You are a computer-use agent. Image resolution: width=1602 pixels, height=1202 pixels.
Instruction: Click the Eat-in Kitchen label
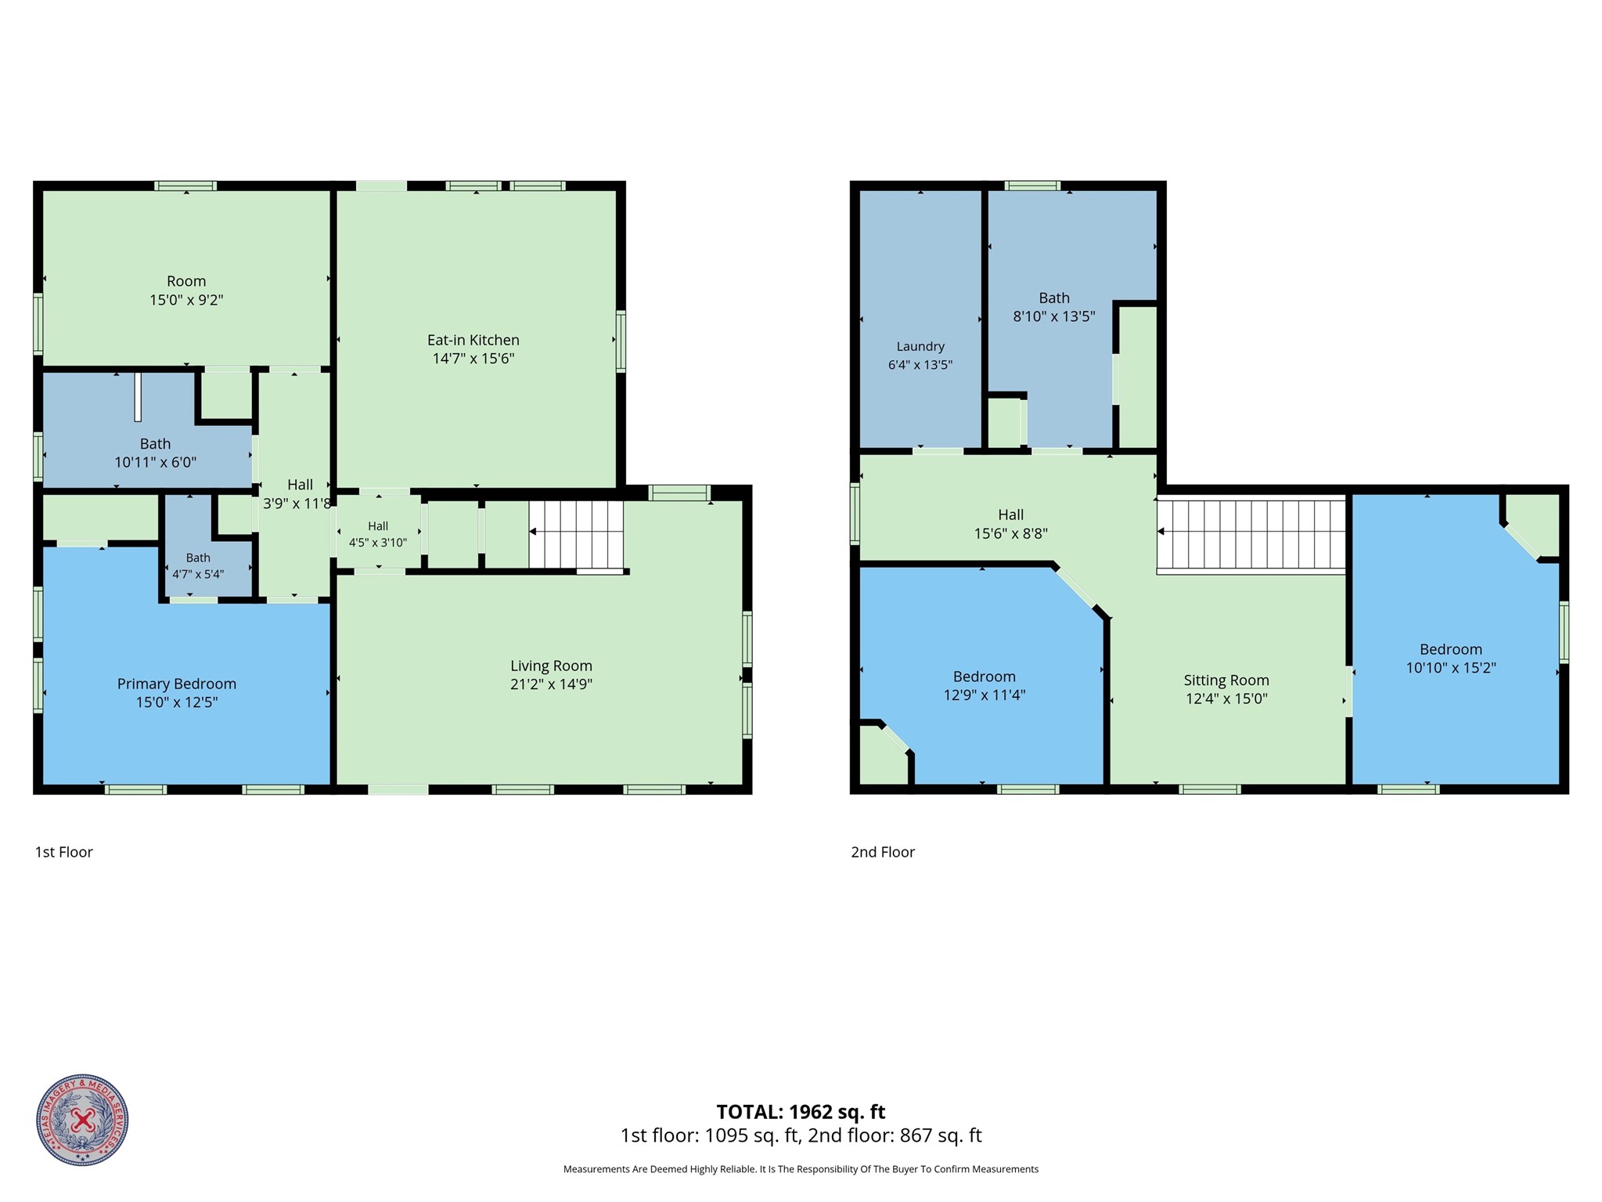pos(473,340)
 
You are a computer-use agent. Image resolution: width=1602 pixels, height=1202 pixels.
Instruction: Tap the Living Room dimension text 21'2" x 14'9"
pos(551,684)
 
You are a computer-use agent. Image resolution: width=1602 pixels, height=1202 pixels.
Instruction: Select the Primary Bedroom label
pos(177,684)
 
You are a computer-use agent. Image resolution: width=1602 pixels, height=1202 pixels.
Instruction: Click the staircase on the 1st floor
pos(577,534)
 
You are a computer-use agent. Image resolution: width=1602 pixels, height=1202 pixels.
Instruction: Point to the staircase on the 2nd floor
pos(1251,535)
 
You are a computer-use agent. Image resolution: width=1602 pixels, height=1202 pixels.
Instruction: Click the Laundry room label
pos(920,346)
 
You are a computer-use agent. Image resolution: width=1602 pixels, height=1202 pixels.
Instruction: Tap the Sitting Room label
pos(1226,680)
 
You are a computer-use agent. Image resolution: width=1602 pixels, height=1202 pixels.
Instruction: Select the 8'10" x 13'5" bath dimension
pos(1054,316)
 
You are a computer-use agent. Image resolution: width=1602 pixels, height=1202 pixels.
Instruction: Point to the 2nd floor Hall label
pos(1010,514)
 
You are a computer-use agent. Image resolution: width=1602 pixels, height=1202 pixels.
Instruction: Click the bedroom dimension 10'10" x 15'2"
pos(1451,668)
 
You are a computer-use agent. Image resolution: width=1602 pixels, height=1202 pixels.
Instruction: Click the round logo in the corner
pos(82,1120)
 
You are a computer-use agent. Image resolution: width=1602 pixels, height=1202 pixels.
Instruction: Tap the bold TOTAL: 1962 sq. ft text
pos(801,1112)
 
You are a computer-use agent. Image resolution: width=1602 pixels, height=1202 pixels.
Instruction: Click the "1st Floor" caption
pos(64,852)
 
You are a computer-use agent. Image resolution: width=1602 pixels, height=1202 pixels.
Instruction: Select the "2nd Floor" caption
pos(883,852)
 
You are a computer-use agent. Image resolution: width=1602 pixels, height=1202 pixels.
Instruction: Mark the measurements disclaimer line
pos(801,1169)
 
